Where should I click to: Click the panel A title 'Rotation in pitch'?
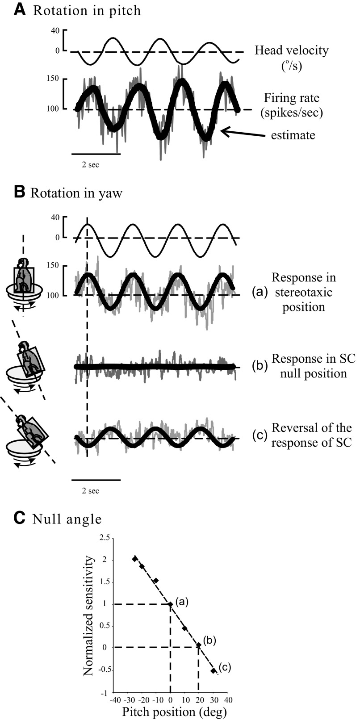87,10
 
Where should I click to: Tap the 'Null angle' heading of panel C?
67,519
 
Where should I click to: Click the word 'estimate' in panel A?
293,134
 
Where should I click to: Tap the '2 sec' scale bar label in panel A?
90,165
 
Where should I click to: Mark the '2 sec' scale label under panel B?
90,491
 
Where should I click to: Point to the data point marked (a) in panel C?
170,604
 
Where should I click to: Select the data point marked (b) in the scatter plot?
198,645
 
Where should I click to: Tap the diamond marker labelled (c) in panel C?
213,670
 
